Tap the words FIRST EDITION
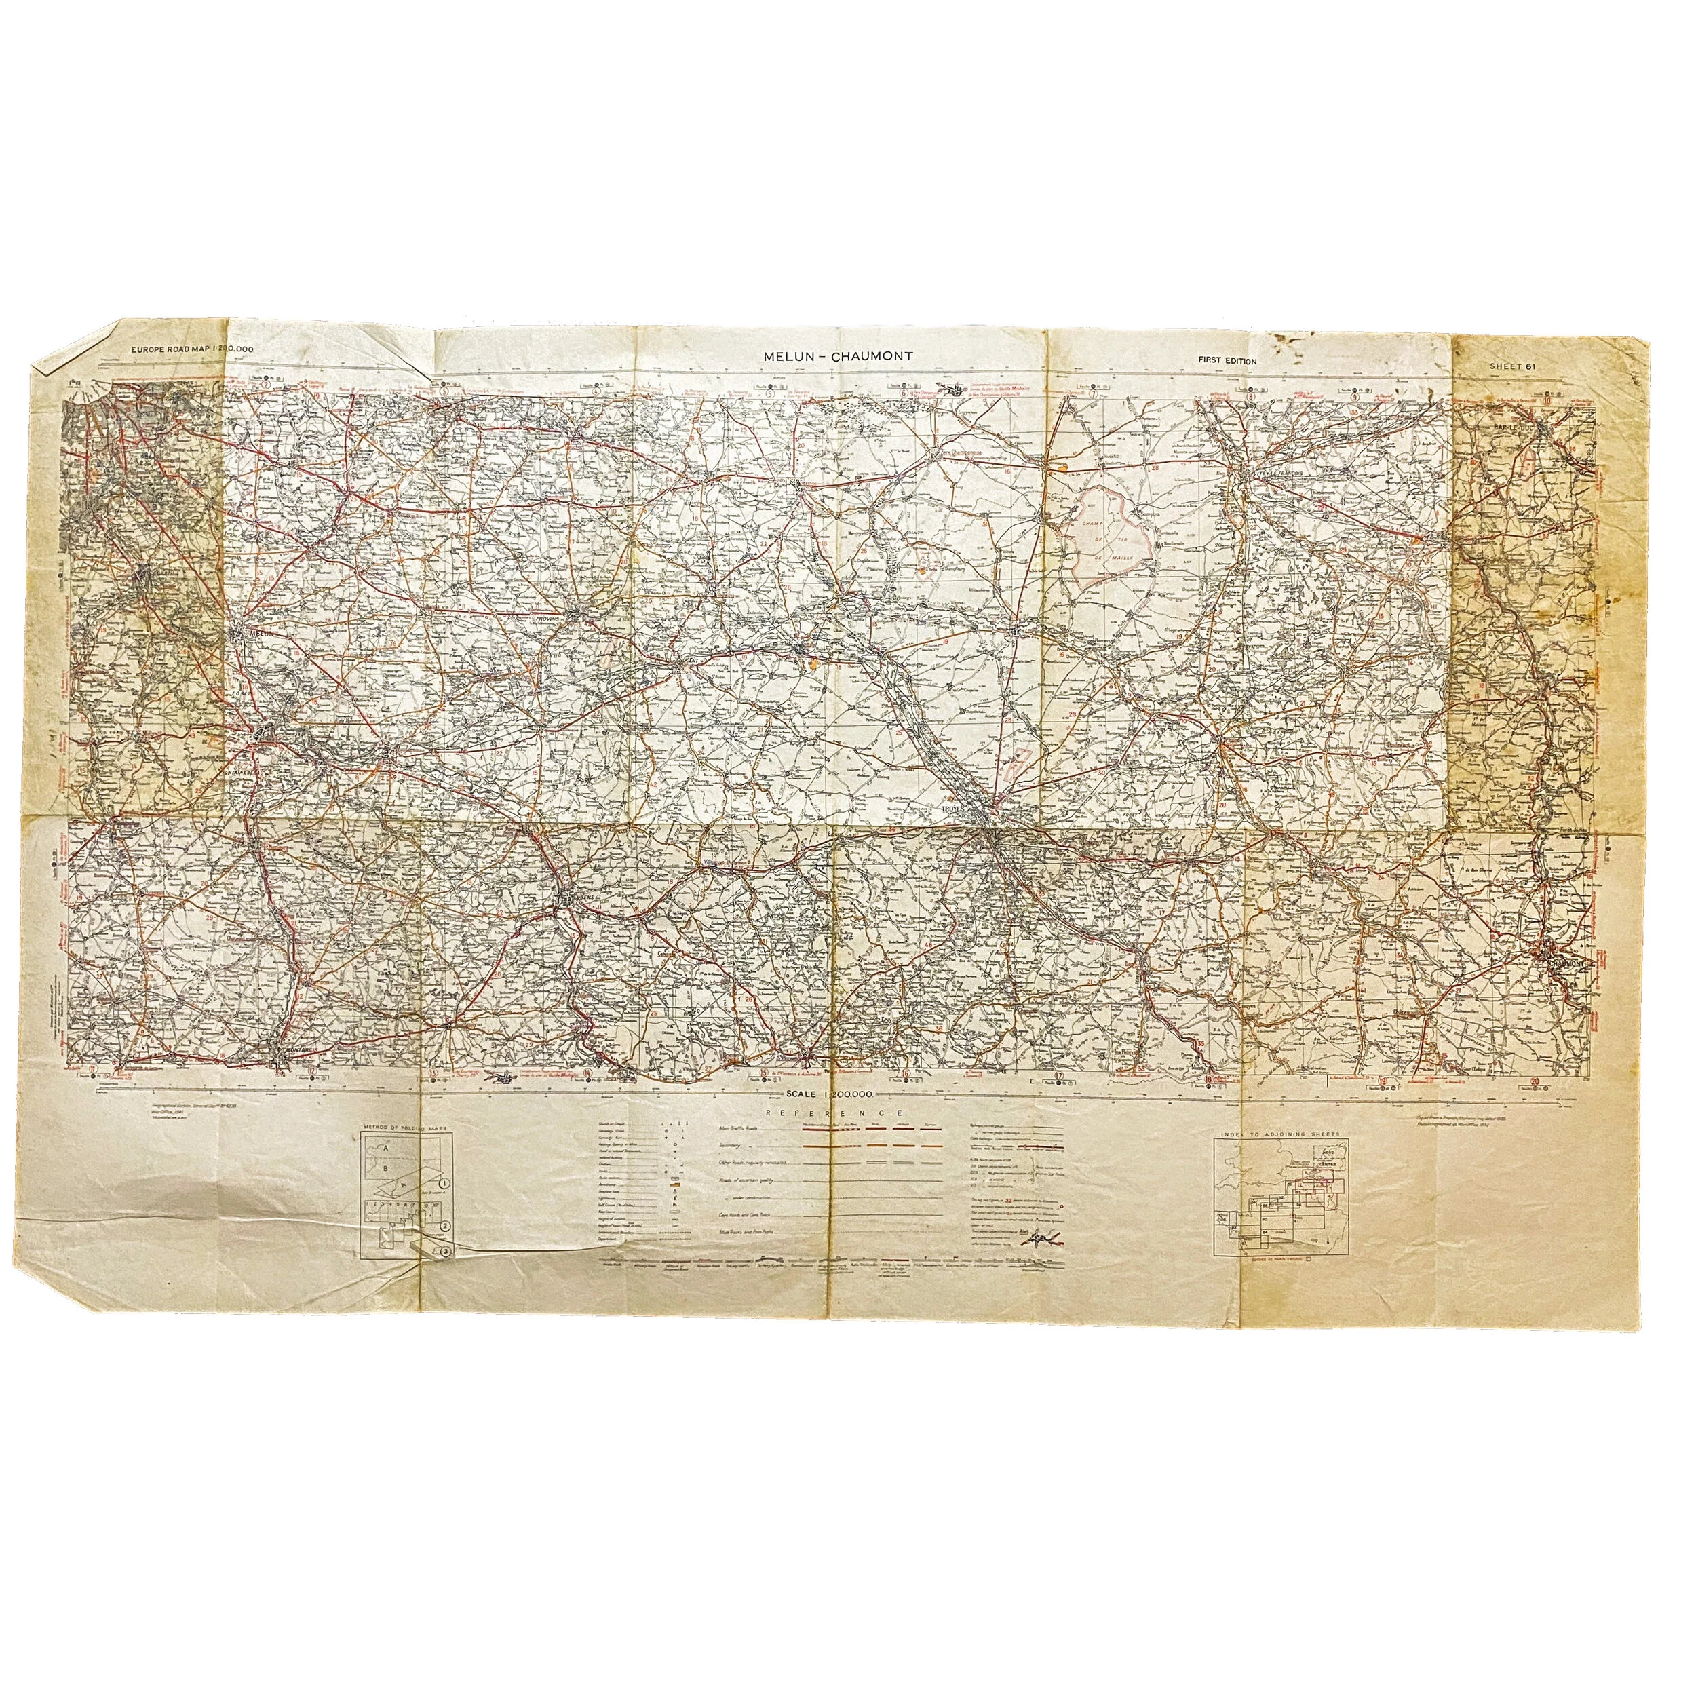1227,361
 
